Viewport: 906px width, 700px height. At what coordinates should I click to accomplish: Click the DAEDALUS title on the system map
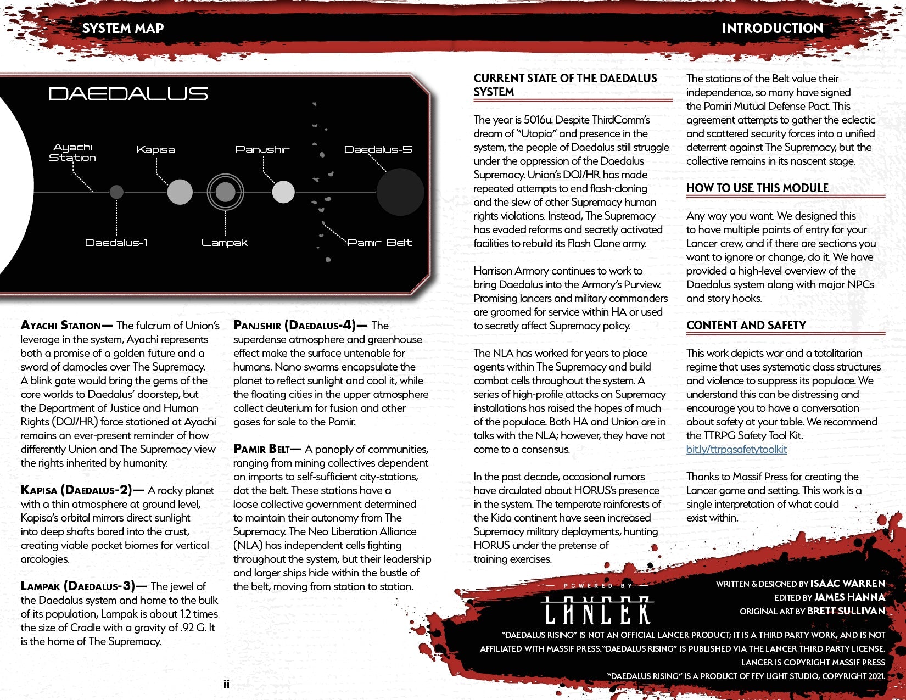point(128,94)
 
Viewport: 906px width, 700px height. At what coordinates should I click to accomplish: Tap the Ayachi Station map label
point(72,152)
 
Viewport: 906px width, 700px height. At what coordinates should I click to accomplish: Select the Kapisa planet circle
point(180,192)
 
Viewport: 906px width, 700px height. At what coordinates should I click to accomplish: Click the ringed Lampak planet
point(225,192)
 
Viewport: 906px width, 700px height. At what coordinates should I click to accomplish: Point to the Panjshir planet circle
point(283,192)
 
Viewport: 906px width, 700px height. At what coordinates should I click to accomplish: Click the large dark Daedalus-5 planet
point(400,192)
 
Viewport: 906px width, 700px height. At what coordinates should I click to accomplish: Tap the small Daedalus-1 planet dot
point(116,192)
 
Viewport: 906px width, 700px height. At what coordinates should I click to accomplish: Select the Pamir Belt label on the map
point(379,243)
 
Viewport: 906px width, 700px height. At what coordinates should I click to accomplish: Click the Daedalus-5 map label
point(378,149)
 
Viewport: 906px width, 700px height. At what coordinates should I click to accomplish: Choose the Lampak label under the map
point(224,243)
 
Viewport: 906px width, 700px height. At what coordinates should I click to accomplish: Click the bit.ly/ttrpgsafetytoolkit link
point(736,449)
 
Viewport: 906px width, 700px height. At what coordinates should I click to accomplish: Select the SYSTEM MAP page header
point(123,29)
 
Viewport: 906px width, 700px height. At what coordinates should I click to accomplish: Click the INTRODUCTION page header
point(772,29)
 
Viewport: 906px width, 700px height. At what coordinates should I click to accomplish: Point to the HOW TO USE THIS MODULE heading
point(757,188)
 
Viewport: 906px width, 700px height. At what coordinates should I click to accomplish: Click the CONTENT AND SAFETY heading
point(746,325)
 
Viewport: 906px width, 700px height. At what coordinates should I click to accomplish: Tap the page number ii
point(226,684)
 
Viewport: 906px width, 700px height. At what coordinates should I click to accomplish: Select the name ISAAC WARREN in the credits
point(847,583)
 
